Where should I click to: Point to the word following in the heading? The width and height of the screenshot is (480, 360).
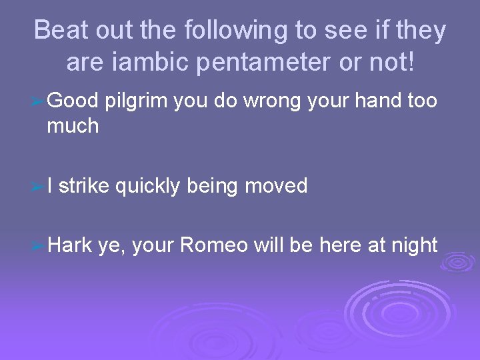(229, 31)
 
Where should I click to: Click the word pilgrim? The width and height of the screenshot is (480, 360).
(136, 101)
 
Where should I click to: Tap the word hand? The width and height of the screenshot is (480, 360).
(378, 101)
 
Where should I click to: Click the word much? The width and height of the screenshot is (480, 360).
(73, 125)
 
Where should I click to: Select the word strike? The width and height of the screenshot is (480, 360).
(84, 186)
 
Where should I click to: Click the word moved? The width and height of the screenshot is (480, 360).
(276, 186)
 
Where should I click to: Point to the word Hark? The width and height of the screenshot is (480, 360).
(69, 245)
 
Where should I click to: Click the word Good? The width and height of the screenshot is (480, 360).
(73, 101)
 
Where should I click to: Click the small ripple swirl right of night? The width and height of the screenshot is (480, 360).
(458, 263)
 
